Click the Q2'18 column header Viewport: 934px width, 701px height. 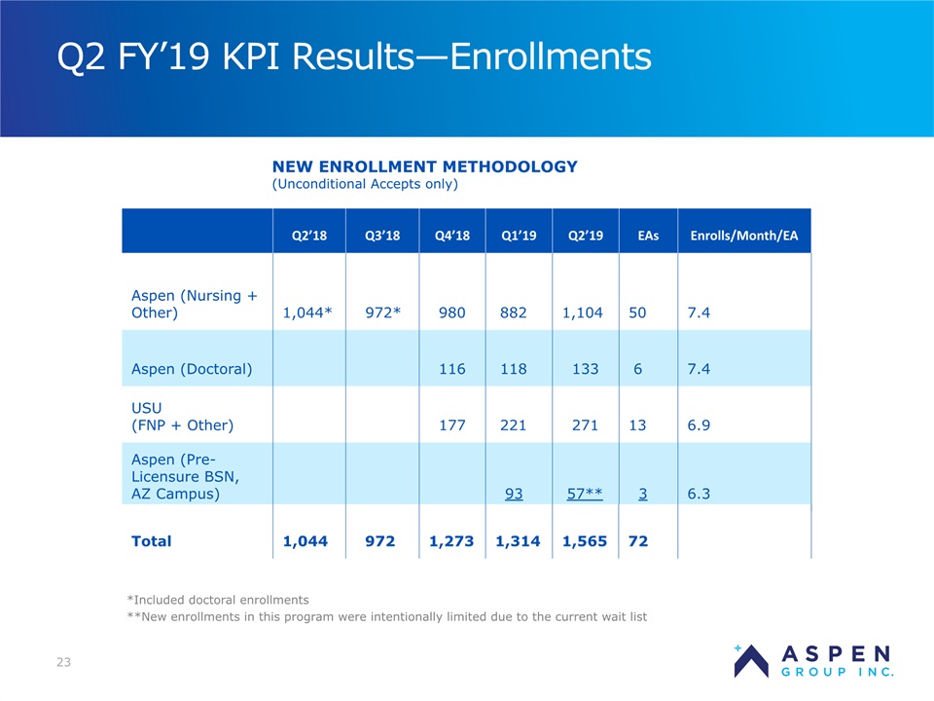pos(309,236)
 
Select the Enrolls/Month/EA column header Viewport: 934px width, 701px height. pos(744,236)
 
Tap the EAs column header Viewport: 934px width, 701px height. pos(648,236)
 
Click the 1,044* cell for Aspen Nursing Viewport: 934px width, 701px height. pos(307,313)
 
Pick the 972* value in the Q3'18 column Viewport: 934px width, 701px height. pos(382,313)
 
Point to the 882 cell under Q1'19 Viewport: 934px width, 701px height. pos(514,313)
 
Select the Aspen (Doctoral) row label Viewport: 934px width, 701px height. pos(192,369)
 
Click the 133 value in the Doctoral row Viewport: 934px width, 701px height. pos(585,369)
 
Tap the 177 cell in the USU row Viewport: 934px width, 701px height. pos(452,425)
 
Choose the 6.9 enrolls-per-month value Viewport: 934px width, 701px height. pos(699,425)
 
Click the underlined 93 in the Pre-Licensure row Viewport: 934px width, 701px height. pos(514,494)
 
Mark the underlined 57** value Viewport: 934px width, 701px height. pos(585,494)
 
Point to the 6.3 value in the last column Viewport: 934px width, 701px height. pos(699,494)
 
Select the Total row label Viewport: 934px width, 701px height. pos(152,541)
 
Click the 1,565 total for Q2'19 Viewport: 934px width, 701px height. pos(585,541)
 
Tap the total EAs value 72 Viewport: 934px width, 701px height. pos(638,541)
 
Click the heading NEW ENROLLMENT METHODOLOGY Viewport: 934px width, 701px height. pos(425,166)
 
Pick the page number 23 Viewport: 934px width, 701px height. pos(64,662)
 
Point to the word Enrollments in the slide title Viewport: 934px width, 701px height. pos(551,56)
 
